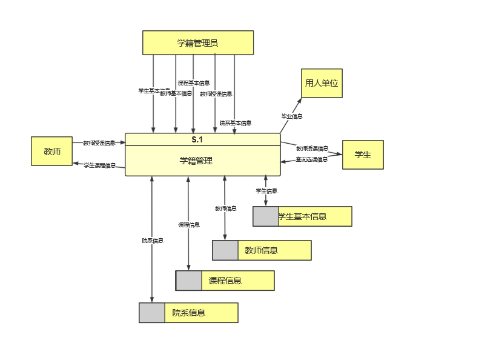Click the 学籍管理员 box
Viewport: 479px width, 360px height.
pos(197,43)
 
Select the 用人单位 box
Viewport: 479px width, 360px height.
pos(322,83)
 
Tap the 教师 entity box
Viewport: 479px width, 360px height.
pos(52,151)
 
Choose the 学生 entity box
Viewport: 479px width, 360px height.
pos(363,155)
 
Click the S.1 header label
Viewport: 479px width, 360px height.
pos(197,139)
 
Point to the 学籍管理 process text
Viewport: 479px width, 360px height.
pos(196,161)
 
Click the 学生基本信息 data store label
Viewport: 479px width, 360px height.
pos(303,216)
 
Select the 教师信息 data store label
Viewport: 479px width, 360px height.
pos(262,250)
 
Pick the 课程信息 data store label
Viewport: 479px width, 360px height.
pos(225,281)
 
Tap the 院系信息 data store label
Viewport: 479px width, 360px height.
pos(189,313)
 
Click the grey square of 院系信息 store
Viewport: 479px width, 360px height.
pos(152,313)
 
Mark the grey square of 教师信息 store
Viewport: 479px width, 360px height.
pos(225,250)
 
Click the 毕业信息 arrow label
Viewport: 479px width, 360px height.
pos(292,116)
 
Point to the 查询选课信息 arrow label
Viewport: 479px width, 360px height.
pos(312,159)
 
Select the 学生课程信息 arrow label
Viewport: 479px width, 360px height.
pos(99,165)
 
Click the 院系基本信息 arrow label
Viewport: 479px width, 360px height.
pos(236,122)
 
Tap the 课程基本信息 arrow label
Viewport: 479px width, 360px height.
pos(194,83)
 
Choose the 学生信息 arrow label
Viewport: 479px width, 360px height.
pos(266,190)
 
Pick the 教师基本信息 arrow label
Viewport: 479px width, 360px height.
pos(176,93)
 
